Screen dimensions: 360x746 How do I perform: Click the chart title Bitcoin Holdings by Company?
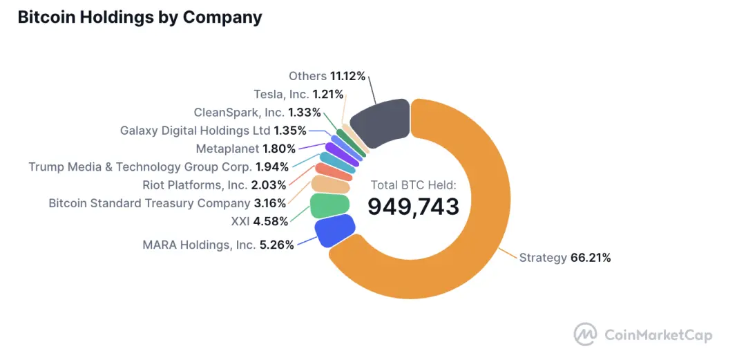(140, 17)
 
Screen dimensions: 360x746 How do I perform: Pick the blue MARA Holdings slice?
(335, 230)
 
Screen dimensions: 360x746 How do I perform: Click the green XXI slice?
(329, 206)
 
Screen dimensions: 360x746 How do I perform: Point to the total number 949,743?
(413, 206)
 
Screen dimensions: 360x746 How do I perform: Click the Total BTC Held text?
(413, 184)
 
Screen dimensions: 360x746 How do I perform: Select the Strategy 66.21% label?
(564, 258)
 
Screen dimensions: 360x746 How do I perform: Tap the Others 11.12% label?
(327, 76)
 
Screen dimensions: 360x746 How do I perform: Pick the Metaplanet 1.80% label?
(245, 149)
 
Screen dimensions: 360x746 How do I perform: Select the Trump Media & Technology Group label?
(157, 167)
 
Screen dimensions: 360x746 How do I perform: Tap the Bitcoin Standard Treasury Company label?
(166, 203)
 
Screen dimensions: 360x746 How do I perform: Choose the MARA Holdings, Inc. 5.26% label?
(218, 245)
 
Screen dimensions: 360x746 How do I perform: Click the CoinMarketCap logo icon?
(585, 334)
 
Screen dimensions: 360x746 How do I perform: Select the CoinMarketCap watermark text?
(658, 335)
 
